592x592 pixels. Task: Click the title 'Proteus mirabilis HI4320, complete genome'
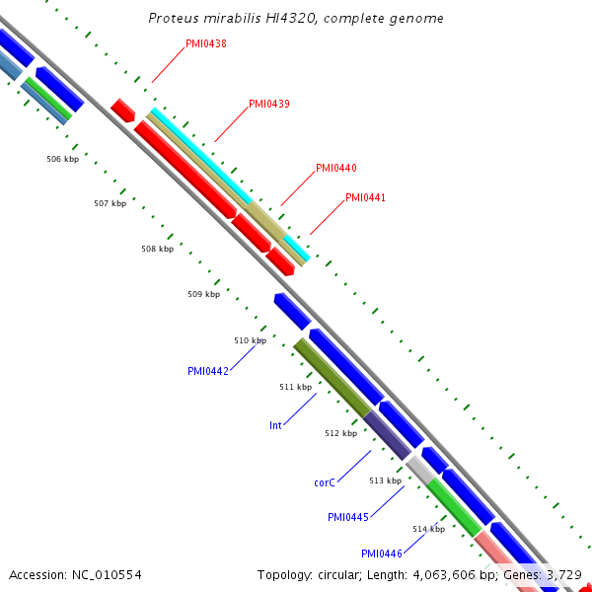[x=296, y=19]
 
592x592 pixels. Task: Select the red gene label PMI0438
[x=206, y=44]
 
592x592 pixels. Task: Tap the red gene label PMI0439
[x=268, y=104]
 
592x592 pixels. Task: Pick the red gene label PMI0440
[x=336, y=168]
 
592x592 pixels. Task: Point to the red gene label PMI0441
[x=365, y=197]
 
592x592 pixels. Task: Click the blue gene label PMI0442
[x=208, y=371]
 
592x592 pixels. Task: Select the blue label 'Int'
[x=275, y=425]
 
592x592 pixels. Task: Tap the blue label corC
[x=327, y=482]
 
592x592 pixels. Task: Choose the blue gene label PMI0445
[x=348, y=517]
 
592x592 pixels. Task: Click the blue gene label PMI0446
[x=381, y=554]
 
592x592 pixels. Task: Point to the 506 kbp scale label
[x=62, y=159]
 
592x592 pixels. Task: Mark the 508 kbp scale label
[x=157, y=249]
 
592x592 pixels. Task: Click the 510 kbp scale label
[x=250, y=340]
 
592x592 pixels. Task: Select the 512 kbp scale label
[x=340, y=433]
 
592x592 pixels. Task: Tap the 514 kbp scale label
[x=428, y=529]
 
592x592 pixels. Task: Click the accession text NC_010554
[x=105, y=574]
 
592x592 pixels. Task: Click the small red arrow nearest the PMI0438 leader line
[x=122, y=110]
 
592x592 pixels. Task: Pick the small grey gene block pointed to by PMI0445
[x=419, y=470]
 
